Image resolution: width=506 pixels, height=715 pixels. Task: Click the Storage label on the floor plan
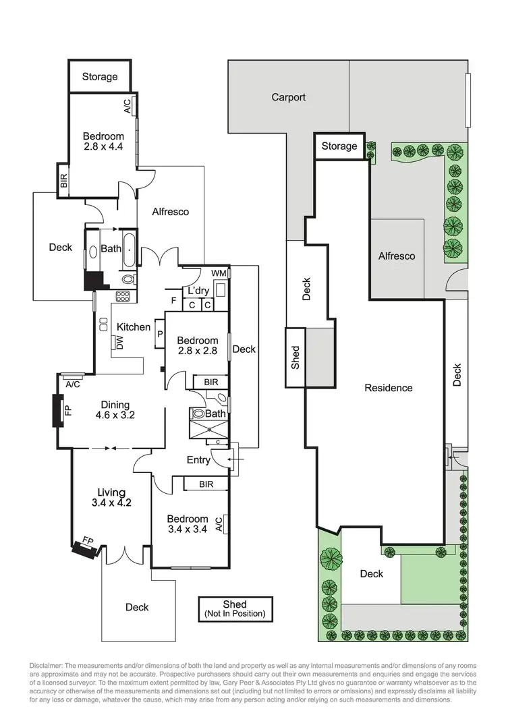tap(100, 77)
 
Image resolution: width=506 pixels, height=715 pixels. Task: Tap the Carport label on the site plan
tap(288, 97)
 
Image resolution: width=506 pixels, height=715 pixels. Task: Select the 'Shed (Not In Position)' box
tap(235, 609)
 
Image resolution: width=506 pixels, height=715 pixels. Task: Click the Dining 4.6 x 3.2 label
tap(115, 410)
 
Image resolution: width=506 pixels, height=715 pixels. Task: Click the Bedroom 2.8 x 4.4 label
tap(104, 141)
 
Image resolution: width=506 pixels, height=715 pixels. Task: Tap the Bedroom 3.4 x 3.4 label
tap(187, 523)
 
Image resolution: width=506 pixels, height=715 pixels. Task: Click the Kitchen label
tap(134, 327)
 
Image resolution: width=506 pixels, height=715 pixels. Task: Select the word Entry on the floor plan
tap(199, 461)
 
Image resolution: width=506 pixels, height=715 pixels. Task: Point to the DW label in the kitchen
tap(119, 343)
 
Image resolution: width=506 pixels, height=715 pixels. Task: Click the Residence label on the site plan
tap(388, 388)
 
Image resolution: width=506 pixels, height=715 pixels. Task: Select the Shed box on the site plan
tap(295, 357)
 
